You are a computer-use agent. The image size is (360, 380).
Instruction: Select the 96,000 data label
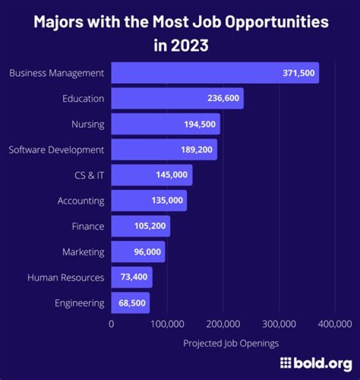pos(147,252)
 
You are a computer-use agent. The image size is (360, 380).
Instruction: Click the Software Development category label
pos(56,150)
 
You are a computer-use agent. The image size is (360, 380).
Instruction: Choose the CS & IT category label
pos(88,175)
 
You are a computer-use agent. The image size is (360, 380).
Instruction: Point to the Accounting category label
pos(81,201)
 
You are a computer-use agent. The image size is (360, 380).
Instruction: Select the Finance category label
pos(88,226)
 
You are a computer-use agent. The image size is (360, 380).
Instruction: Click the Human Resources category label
pos(65,277)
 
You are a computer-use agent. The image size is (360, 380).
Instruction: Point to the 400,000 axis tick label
pos(334,324)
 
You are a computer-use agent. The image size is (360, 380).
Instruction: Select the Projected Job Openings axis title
pos(230,343)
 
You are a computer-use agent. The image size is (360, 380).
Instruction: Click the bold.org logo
pos(316,364)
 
